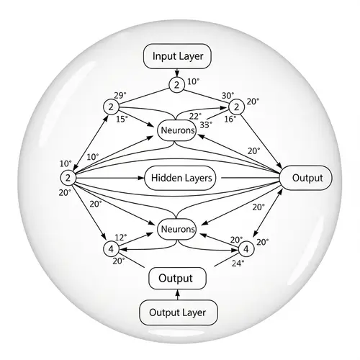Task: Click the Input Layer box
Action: (176, 55)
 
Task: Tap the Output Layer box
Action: (176, 312)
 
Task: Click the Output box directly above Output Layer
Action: (176, 277)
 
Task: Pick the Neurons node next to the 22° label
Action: (176, 130)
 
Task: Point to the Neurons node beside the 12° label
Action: (176, 229)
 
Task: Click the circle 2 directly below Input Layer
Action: (176, 85)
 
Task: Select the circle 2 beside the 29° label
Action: (111, 107)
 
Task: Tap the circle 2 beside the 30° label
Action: (234, 107)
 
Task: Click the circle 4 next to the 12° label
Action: (111, 248)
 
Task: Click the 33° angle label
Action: (206, 124)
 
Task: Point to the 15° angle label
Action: (122, 119)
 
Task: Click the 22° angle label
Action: (195, 116)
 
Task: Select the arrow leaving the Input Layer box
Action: (176, 73)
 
